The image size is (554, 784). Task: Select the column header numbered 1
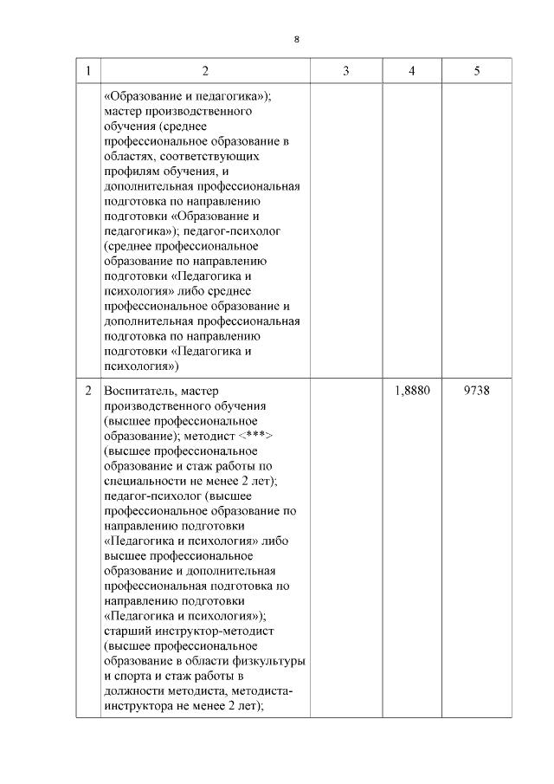(88, 70)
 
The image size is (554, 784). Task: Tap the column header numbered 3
(345, 70)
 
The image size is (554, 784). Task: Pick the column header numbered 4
(412, 70)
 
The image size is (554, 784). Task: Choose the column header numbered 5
(477, 70)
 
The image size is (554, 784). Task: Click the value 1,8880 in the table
(412, 391)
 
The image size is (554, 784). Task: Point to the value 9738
(477, 391)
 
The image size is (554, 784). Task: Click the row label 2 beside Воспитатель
(88, 391)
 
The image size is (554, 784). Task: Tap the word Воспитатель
(139, 391)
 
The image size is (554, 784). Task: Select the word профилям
(133, 172)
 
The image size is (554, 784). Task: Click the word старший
(126, 631)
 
